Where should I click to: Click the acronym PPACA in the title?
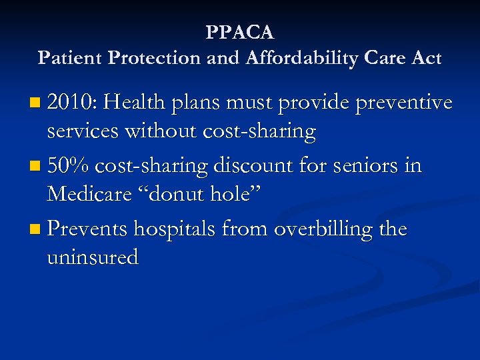(240, 32)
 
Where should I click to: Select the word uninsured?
(93, 257)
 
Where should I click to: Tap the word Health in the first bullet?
(135, 103)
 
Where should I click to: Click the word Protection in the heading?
(155, 58)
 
